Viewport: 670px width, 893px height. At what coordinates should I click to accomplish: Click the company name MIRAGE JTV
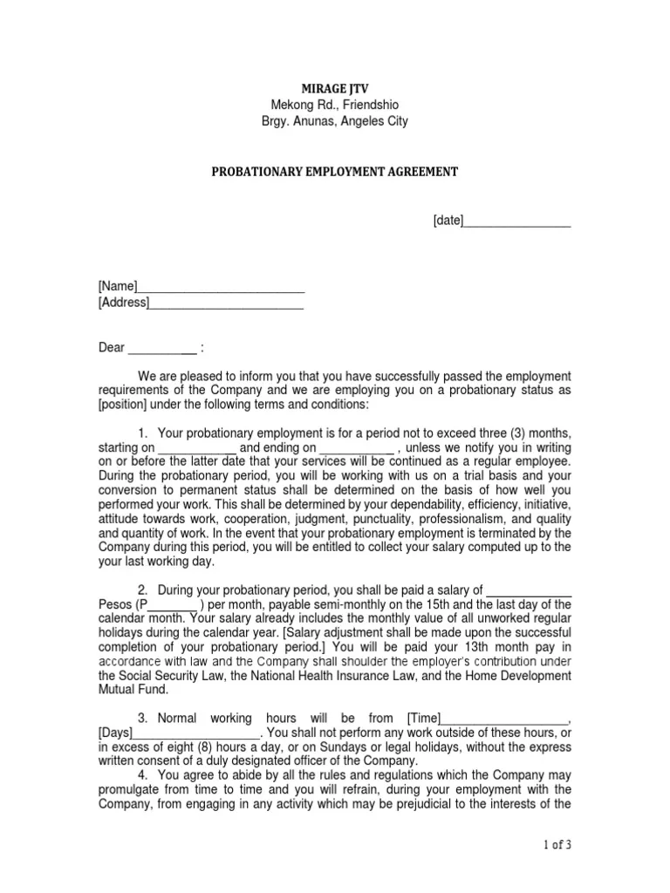pos(335,88)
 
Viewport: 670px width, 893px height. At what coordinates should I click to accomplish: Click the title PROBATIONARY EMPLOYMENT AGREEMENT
pos(335,172)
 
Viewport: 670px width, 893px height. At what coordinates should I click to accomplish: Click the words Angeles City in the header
pos(373,121)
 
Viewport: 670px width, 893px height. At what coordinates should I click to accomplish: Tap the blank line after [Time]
pos(505,719)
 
